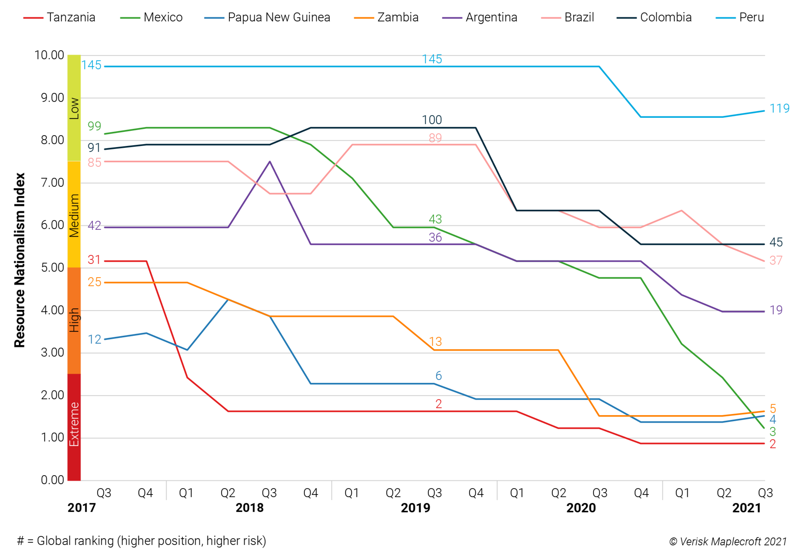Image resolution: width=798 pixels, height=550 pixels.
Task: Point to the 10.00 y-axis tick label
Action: tap(49, 55)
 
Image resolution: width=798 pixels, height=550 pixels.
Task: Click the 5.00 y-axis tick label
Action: tap(52, 268)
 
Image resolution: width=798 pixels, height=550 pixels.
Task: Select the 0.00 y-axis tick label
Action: tap(52, 480)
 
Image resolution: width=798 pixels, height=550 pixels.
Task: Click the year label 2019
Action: tap(415, 508)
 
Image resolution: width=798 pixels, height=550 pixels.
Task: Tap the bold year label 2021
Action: tap(746, 508)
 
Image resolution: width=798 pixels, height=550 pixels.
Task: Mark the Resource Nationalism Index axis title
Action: tap(20, 260)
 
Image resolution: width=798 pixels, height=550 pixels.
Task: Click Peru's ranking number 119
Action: tap(779, 109)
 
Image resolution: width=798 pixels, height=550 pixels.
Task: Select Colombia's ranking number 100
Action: tap(432, 120)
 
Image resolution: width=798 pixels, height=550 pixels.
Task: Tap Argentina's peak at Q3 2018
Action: tap(270, 162)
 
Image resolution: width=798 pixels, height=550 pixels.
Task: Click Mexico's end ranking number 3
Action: tap(773, 431)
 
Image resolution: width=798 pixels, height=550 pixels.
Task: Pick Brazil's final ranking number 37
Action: tap(776, 261)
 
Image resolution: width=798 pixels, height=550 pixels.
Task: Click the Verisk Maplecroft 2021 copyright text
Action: tap(728, 541)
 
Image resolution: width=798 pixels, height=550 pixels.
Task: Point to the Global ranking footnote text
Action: tap(141, 541)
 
